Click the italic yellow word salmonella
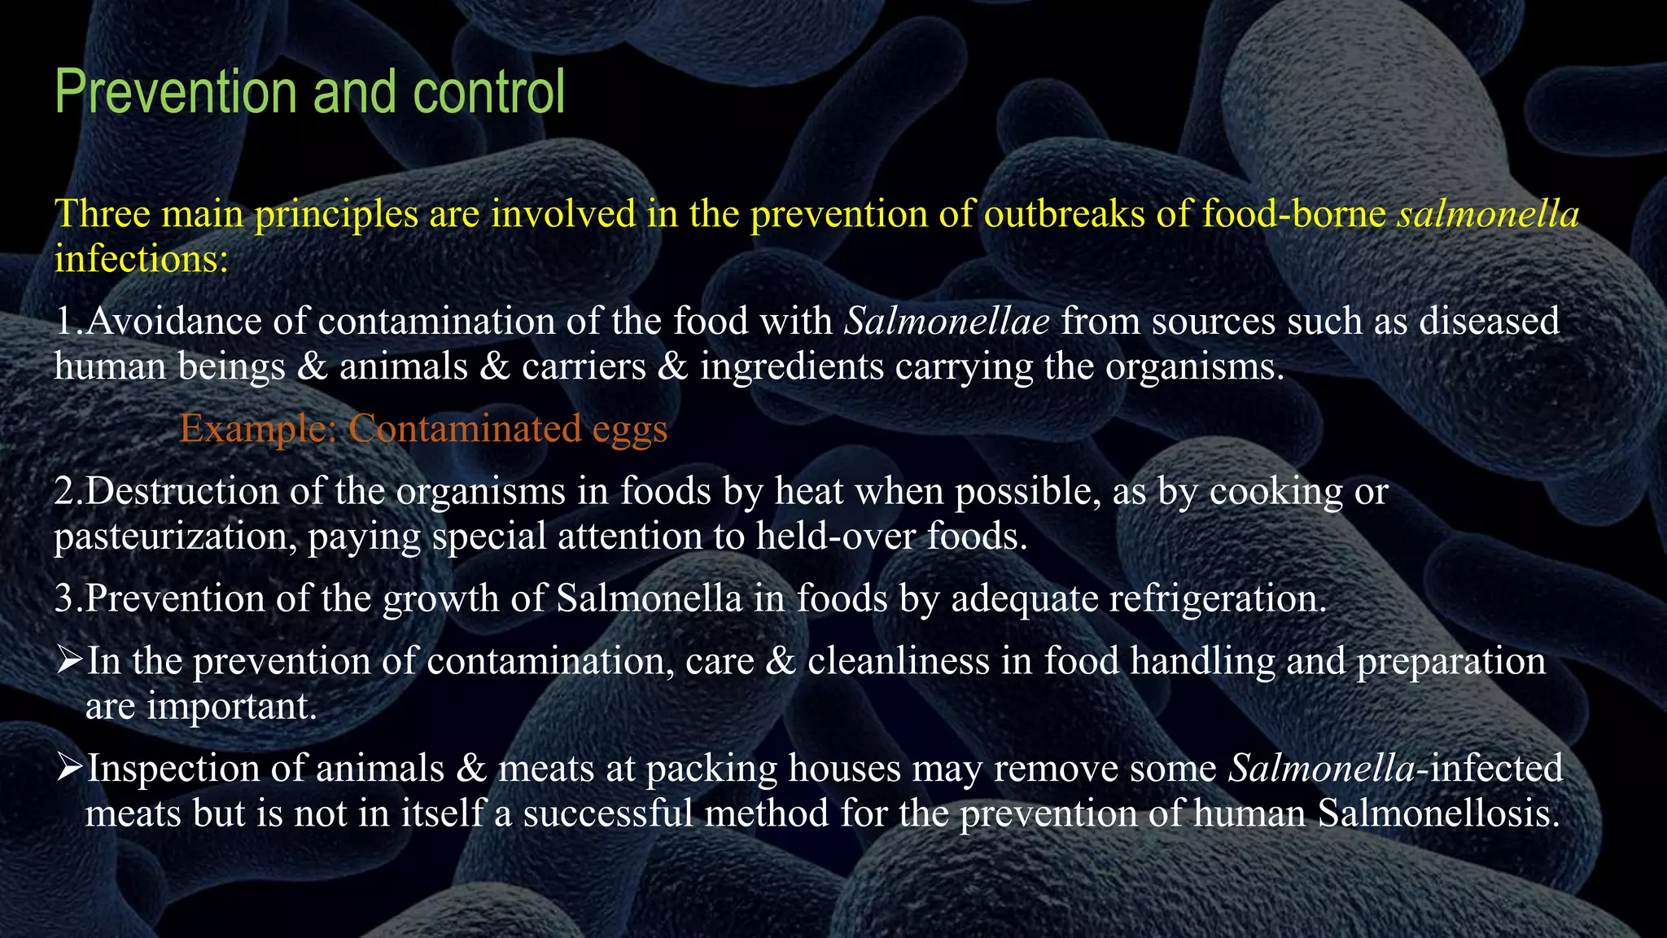[1488, 214]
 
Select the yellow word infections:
[142, 260]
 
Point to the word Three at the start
[102, 214]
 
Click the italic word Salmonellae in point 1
[947, 321]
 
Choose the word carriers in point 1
[584, 366]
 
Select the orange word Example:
[258, 428]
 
